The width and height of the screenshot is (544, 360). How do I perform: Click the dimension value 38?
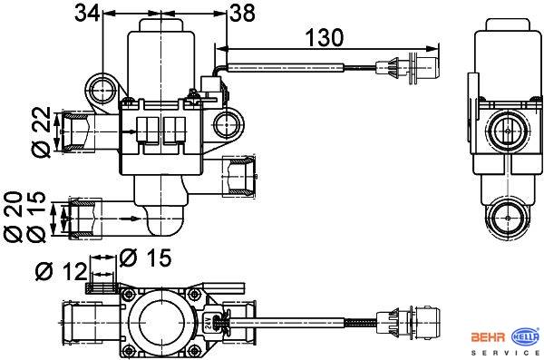point(242,14)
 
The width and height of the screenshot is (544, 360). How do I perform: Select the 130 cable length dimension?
point(325,37)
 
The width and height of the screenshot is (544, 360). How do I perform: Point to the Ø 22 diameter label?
point(42,131)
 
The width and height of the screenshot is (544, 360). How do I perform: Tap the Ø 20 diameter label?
point(14,217)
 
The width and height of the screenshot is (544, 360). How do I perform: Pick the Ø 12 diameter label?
point(61,271)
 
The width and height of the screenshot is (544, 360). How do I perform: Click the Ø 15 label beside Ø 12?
point(145,258)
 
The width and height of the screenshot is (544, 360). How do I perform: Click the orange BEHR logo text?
point(488,337)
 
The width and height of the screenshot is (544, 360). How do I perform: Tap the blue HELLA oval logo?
point(526,336)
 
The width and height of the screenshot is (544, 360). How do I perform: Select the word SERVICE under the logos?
point(506,353)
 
